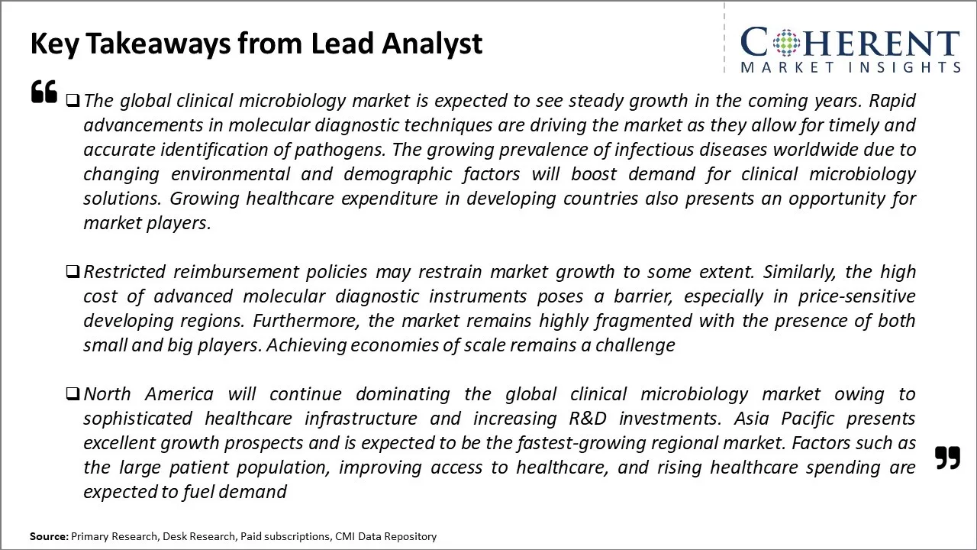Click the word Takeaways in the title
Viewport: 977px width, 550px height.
coord(159,44)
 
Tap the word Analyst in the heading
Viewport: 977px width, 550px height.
coord(432,44)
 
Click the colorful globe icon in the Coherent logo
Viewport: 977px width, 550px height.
coord(786,42)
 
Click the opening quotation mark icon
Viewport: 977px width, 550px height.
coord(44,91)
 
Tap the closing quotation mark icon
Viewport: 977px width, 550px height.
coord(948,458)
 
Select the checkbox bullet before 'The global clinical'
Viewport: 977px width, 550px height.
coord(73,101)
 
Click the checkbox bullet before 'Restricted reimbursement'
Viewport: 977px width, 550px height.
coord(73,272)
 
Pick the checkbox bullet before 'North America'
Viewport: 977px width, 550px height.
coord(73,394)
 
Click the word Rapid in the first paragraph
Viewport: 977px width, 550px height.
coord(892,101)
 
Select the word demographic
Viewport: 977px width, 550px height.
coord(398,174)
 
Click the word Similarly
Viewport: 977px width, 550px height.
coord(799,272)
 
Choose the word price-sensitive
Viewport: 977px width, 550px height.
coord(857,296)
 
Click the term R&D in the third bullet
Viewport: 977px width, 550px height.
coord(588,419)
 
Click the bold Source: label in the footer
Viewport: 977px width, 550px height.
coord(49,536)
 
